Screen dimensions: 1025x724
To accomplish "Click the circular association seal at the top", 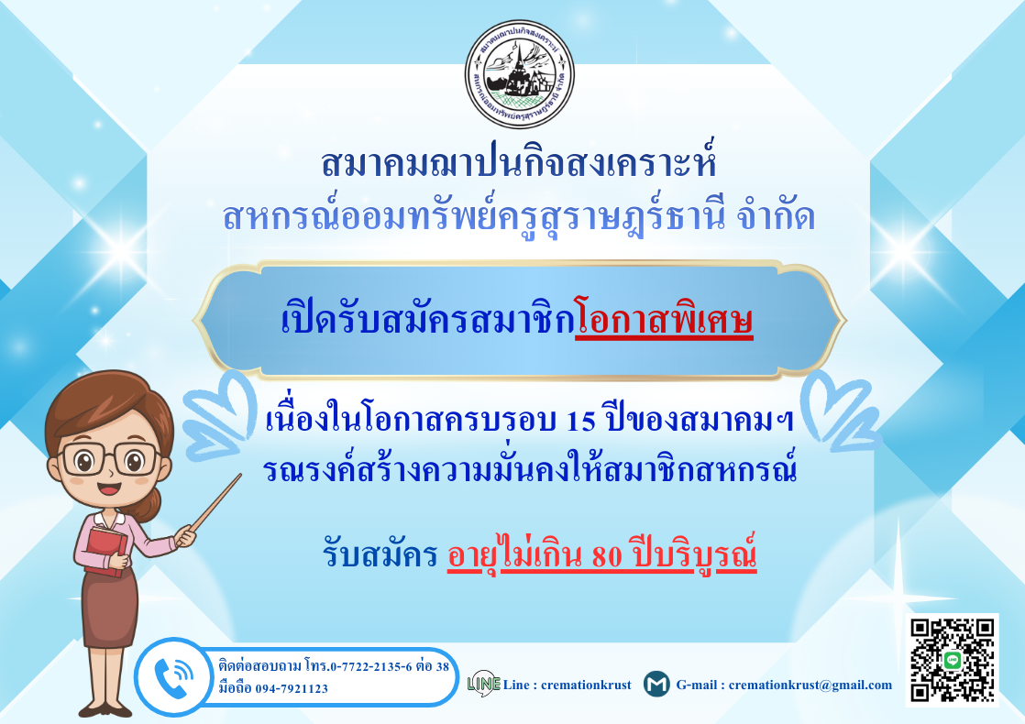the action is pos(520,74).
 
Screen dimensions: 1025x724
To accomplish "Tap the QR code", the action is pos(952,660).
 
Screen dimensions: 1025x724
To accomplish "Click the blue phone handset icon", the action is pos(172,677).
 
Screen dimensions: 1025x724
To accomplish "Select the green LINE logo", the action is pos(484,684).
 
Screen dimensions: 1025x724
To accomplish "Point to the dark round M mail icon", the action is pos(656,684).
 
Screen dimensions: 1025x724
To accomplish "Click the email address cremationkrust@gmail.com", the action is pos(810,685).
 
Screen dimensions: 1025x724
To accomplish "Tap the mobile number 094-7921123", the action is pos(292,688).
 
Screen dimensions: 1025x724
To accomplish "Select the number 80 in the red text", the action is pos(606,555).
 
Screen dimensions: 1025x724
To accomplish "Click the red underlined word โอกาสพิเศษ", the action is pos(664,320).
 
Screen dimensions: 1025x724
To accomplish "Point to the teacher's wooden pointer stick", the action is pos(215,503).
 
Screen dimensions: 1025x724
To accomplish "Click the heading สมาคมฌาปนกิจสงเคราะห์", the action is pos(519,163).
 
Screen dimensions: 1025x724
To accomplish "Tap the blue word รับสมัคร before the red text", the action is pos(380,555).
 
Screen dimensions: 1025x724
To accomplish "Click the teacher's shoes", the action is pos(105,709).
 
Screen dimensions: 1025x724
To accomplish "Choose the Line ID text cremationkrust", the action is pos(586,685).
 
